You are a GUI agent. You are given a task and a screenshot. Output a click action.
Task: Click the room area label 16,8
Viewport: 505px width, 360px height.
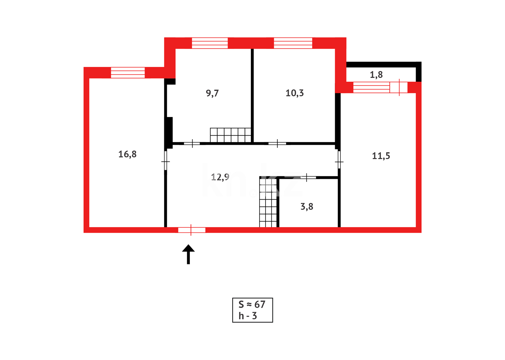pos(127,154)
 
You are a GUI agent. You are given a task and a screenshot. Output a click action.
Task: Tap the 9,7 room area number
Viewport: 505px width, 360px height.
pos(212,93)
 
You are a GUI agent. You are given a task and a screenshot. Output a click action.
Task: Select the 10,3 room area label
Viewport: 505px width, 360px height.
pos(294,93)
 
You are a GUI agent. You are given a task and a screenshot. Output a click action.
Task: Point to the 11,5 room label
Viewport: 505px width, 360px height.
pos(381,156)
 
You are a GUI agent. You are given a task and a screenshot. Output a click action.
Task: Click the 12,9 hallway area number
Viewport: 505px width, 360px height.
pos(220,177)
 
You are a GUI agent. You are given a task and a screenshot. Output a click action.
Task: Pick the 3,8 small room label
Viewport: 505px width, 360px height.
pos(307,207)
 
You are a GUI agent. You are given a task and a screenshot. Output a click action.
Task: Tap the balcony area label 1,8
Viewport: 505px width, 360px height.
pos(376,75)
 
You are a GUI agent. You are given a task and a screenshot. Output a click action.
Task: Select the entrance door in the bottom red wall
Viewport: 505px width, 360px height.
pos(192,230)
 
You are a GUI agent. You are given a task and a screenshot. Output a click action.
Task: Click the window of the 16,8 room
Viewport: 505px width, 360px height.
pos(128,72)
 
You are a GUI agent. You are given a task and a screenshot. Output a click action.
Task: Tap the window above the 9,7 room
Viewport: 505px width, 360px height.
pos(210,43)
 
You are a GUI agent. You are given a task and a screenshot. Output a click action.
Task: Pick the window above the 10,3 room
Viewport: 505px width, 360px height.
pos(293,43)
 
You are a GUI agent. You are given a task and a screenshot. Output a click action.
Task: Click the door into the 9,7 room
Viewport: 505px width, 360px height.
pos(192,143)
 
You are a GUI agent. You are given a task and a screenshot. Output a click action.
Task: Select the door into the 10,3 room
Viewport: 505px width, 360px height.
pos(277,143)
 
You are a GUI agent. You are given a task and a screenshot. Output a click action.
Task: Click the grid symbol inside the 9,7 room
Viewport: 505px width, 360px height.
pos(230,135)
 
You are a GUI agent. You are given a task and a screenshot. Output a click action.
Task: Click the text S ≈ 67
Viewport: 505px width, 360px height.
pos(252,304)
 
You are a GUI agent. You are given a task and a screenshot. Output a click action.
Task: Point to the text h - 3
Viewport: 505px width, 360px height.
pos(248,316)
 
